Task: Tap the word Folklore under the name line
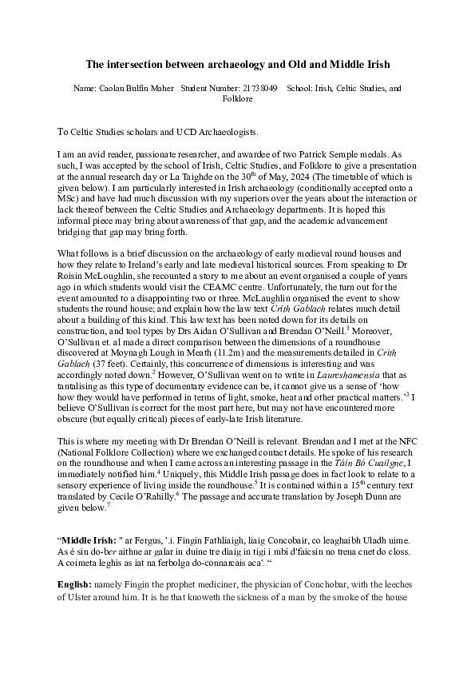coord(237,99)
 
